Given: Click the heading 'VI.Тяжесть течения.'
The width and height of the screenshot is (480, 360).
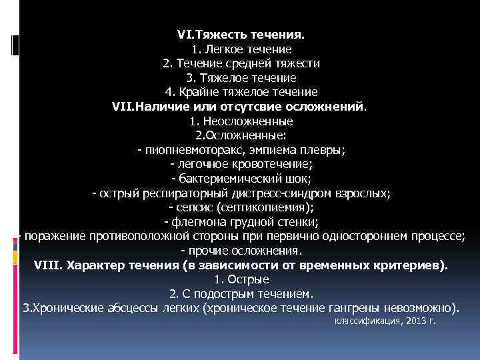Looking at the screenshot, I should (x=241, y=34).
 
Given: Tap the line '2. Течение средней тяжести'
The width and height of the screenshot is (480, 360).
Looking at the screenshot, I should (x=241, y=63).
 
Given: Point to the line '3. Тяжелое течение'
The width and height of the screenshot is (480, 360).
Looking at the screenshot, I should (x=241, y=78).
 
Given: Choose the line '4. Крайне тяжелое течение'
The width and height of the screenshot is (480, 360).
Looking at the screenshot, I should (x=241, y=92).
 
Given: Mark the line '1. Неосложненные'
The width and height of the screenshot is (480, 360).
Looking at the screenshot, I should (x=241, y=121).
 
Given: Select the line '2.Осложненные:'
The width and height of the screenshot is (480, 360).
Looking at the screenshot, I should (x=241, y=136).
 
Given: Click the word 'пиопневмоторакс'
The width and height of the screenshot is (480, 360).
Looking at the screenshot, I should (x=190, y=151).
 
